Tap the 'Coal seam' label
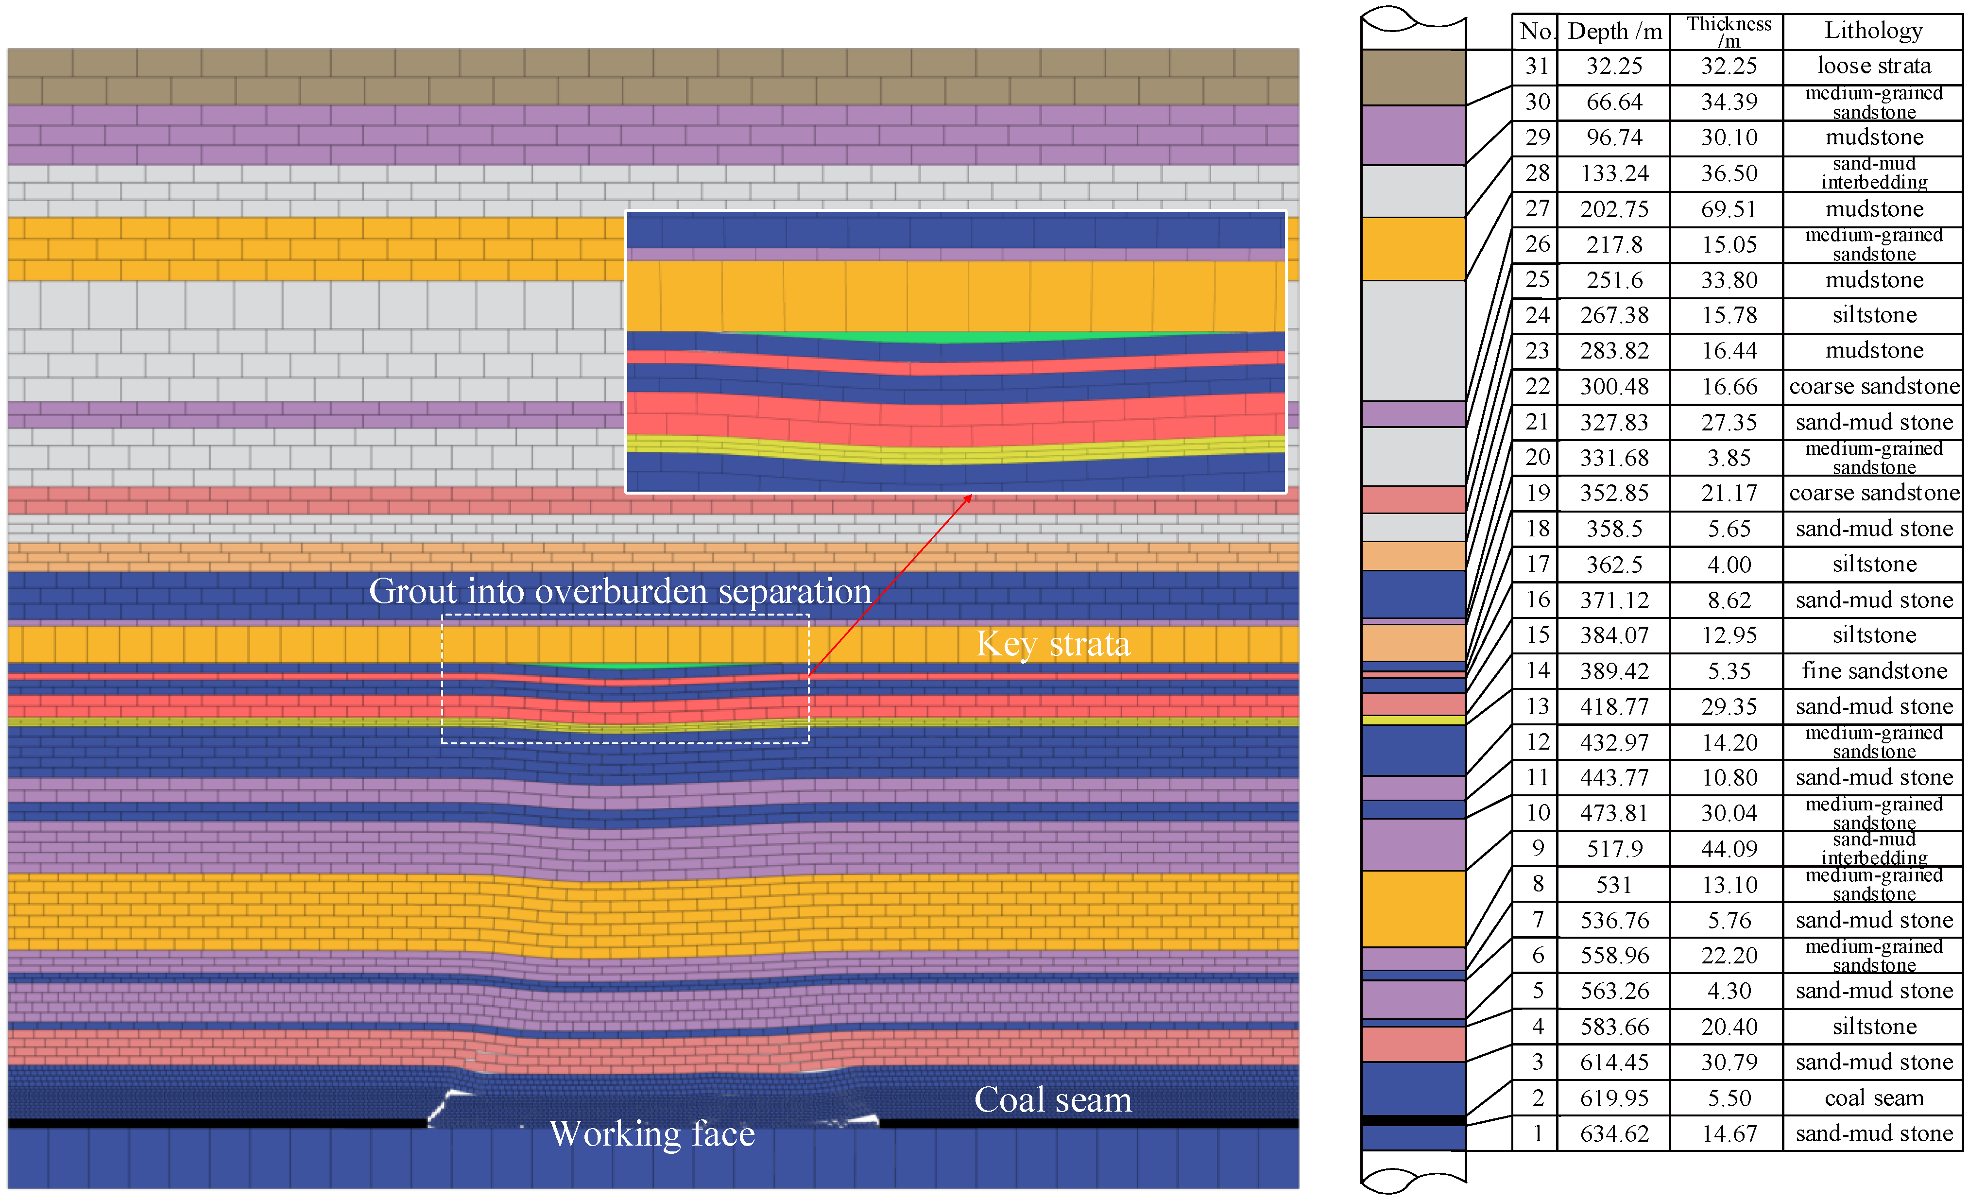coord(1052,1100)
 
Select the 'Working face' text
coord(651,1134)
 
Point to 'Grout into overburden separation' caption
coord(619,591)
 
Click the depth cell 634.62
coord(1614,1134)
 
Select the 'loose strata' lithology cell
coord(1873,66)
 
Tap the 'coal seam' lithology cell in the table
coord(1873,1098)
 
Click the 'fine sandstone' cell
coord(1873,671)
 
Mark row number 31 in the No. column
coord(1536,66)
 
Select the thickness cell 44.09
coord(1729,848)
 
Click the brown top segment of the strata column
coord(1413,78)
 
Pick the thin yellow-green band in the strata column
coord(1413,720)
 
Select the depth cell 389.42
coord(1614,671)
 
